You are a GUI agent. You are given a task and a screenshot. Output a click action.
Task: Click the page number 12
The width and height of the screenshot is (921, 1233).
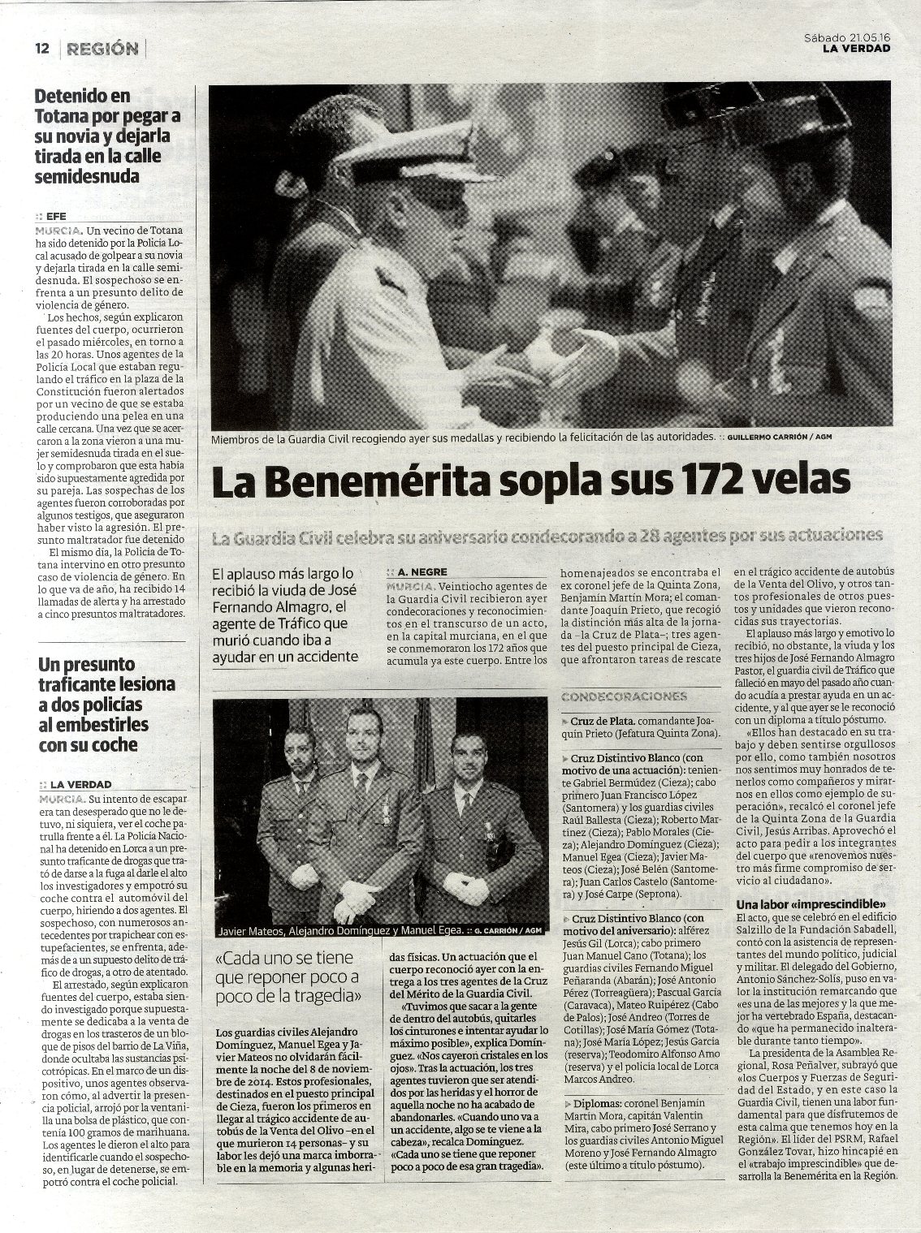coord(42,49)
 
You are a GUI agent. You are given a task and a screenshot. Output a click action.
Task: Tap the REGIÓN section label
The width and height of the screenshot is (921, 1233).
coord(103,49)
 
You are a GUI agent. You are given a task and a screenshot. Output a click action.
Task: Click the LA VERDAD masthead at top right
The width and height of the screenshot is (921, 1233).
coord(855,48)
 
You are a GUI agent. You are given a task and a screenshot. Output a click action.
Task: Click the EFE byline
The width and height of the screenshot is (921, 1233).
coord(56,217)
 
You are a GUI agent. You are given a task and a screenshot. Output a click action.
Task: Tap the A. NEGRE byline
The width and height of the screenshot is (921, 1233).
coord(418,571)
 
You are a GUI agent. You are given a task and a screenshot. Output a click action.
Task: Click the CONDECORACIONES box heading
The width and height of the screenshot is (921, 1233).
coord(624,696)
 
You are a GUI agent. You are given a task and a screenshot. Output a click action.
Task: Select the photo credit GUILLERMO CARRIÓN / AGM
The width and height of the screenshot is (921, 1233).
coord(780,437)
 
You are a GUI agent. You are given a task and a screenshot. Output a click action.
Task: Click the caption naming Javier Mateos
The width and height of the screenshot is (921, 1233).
coord(340,931)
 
